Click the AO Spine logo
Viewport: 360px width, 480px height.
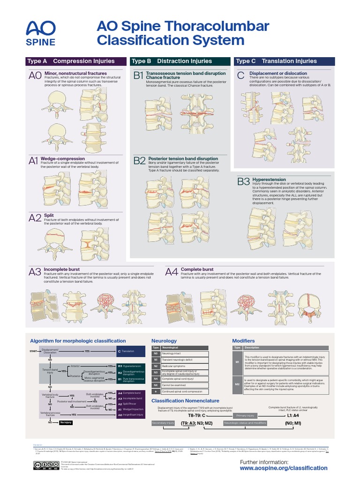(40, 32)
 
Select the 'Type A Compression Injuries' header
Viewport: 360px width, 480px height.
(75, 61)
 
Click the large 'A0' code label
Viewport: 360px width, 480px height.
(35, 76)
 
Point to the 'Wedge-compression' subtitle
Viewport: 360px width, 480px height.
(63, 158)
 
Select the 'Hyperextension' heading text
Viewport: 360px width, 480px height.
(269, 180)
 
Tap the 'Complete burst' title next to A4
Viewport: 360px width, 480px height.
(196, 270)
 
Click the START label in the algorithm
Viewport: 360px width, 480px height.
(33, 351)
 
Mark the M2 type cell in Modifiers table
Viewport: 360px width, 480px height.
(237, 384)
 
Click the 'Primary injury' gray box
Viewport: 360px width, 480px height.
(246, 416)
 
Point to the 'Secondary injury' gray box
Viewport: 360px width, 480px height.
(163, 423)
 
